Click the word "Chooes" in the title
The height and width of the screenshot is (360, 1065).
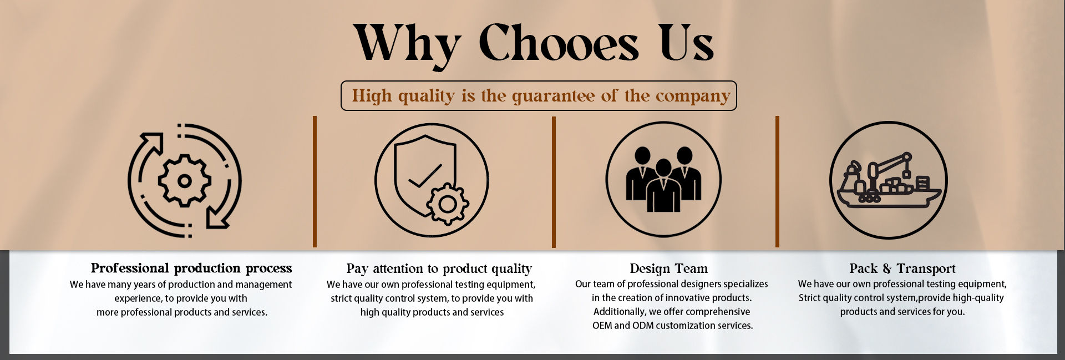pyautogui.click(x=559, y=43)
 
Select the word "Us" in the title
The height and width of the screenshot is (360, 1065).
pyautogui.click(x=687, y=43)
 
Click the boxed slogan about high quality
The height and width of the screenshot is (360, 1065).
pyautogui.click(x=539, y=95)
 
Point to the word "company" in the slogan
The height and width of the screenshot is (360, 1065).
pyautogui.click(x=693, y=97)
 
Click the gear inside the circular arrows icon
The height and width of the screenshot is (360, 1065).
pyautogui.click(x=185, y=181)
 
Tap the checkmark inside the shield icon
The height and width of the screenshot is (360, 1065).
pyautogui.click(x=425, y=176)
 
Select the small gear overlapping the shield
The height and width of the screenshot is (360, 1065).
pyautogui.click(x=448, y=204)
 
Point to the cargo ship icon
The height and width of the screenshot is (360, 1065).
pyautogui.click(x=889, y=181)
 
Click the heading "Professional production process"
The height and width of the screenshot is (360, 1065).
pyautogui.click(x=191, y=268)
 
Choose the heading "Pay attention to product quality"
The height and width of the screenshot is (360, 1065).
pyautogui.click(x=439, y=269)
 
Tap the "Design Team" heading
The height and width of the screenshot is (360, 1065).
pyautogui.click(x=669, y=269)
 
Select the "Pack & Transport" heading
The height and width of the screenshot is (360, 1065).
pyautogui.click(x=902, y=268)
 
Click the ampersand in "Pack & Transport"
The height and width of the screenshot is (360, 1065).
pyautogui.click(x=887, y=269)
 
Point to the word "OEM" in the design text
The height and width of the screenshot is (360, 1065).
pyautogui.click(x=602, y=326)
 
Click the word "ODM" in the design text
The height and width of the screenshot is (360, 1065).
pyautogui.click(x=643, y=326)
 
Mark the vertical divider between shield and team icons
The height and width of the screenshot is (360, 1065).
pyautogui.click(x=554, y=182)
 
